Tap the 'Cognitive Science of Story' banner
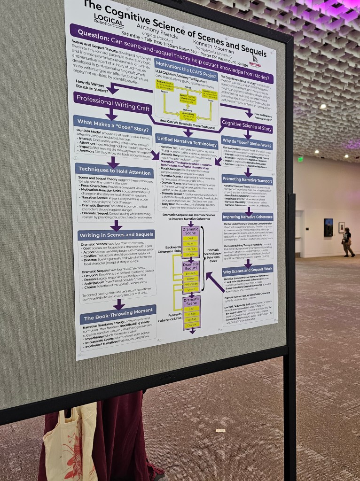(247, 126)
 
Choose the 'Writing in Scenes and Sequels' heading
(116, 235)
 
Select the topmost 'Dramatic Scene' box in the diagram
(190, 232)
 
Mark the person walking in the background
(347, 241)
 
